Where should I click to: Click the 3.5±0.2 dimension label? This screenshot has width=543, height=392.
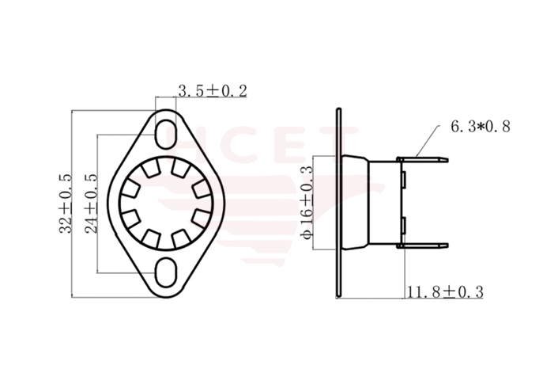pos(212,91)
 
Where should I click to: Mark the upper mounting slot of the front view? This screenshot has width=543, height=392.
pos(165,130)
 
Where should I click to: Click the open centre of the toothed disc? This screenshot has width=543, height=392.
pos(165,202)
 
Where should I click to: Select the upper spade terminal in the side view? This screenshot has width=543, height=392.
pos(424,161)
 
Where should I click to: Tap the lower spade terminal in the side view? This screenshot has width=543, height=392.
pos(424,245)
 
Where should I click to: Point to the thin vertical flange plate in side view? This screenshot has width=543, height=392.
pos(339,203)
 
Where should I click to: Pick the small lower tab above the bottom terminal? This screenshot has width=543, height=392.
pos(404,226)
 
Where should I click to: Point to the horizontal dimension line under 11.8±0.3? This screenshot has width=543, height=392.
pos(443,299)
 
